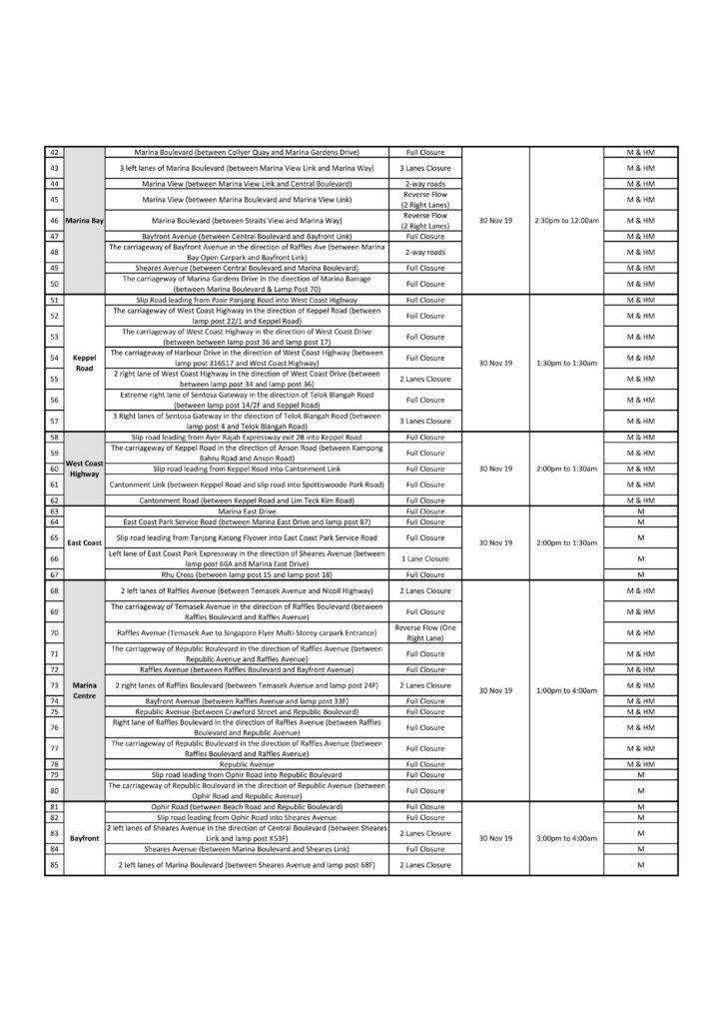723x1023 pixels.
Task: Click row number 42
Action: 54,151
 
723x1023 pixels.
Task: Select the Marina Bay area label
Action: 84,220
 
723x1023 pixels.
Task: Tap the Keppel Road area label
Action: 84,363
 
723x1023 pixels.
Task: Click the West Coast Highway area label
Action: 84,469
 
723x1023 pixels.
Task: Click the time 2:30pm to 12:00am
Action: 566,220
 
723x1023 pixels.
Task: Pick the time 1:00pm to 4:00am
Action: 566,690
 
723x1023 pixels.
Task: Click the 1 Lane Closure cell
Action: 425,558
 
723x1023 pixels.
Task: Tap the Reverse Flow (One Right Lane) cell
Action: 425,632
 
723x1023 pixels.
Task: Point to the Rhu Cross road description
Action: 248,575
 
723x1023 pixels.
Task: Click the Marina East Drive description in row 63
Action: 248,511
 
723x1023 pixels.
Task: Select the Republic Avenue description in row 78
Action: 248,764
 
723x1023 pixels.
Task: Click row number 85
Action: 54,864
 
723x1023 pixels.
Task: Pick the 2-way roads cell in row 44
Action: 425,184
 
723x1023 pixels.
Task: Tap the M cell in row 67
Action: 640,575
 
